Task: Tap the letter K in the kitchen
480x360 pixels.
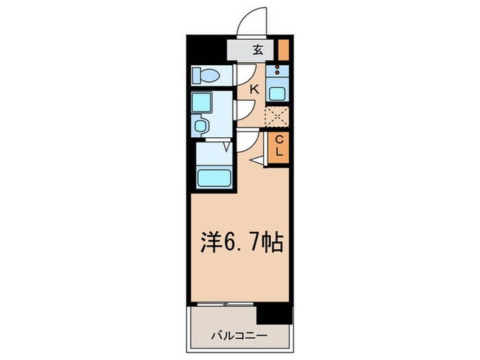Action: pos(254,88)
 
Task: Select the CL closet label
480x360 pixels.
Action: pos(279,147)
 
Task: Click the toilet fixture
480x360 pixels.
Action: pos(205,74)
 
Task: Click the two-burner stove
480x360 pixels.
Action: pos(278,69)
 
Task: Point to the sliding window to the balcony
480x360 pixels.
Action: pos(224,304)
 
